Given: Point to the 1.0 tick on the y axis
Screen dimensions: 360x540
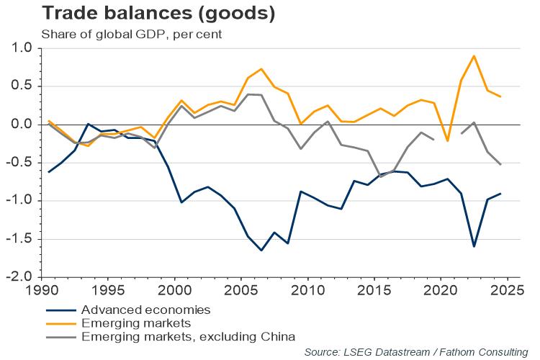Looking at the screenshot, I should [x=24, y=48].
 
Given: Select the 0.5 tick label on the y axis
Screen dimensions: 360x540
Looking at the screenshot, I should [x=24, y=86].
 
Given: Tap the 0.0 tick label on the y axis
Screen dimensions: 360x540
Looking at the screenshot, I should [x=24, y=125].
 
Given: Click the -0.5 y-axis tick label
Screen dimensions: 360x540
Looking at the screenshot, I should [x=22, y=163].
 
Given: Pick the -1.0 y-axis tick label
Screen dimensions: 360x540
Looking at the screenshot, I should [x=22, y=201].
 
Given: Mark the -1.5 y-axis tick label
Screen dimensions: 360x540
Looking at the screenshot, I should [x=22, y=239].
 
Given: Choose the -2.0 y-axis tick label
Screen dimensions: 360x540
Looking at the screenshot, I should [x=22, y=277].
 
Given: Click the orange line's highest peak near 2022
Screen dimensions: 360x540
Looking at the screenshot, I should [x=474, y=55].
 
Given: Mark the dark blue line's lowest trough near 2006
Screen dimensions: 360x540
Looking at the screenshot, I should [x=261, y=251].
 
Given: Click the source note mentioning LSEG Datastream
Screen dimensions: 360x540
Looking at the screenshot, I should [x=415, y=351].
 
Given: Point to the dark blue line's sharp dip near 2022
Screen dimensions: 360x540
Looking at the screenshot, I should [x=474, y=246].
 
